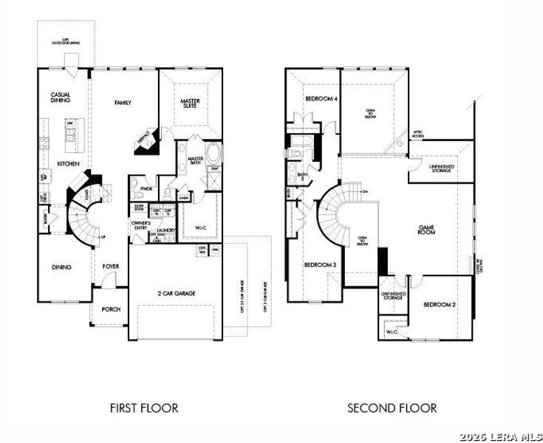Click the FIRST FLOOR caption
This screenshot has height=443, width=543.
pyautogui.click(x=144, y=408)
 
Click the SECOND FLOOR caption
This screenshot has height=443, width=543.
pyautogui.click(x=392, y=408)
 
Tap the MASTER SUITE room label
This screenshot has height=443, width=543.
pyautogui.click(x=191, y=104)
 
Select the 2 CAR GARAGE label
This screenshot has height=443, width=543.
pyautogui.click(x=175, y=293)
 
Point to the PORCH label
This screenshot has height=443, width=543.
pyautogui.click(x=111, y=309)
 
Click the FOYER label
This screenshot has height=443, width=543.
pyautogui.click(x=111, y=267)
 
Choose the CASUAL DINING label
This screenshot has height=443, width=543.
pyautogui.click(x=60, y=98)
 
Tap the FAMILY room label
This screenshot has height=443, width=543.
pyautogui.click(x=123, y=103)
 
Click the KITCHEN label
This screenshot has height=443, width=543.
pyautogui.click(x=69, y=163)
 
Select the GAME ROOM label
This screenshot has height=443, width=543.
pyautogui.click(x=427, y=230)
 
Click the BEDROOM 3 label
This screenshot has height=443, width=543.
pyautogui.click(x=319, y=265)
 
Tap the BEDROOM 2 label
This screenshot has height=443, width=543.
pyautogui.click(x=439, y=304)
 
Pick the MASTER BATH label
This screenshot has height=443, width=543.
pyautogui.click(x=196, y=162)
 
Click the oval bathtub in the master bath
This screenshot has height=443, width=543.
pyautogui.click(x=214, y=156)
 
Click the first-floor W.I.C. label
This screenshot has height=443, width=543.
pyautogui.click(x=201, y=227)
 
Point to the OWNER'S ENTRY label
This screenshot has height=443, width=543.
pyautogui.click(x=141, y=226)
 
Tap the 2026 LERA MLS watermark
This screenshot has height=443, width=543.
pyautogui.click(x=500, y=436)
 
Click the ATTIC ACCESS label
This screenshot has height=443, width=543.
pyautogui.click(x=418, y=134)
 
